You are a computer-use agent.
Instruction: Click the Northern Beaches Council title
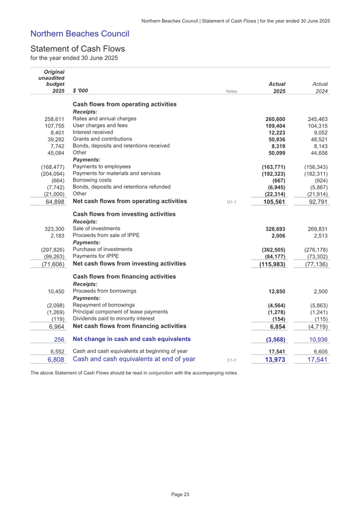(x=80, y=34)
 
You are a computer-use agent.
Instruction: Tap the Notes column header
(x=231, y=92)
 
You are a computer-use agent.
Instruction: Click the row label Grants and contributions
(x=102, y=139)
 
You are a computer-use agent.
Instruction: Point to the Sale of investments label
(x=97, y=229)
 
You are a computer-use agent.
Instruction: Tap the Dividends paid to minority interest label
(x=117, y=318)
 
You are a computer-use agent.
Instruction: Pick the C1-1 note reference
(x=231, y=361)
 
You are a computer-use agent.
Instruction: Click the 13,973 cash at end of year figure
(x=273, y=360)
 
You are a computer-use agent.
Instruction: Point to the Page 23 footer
(x=180, y=495)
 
